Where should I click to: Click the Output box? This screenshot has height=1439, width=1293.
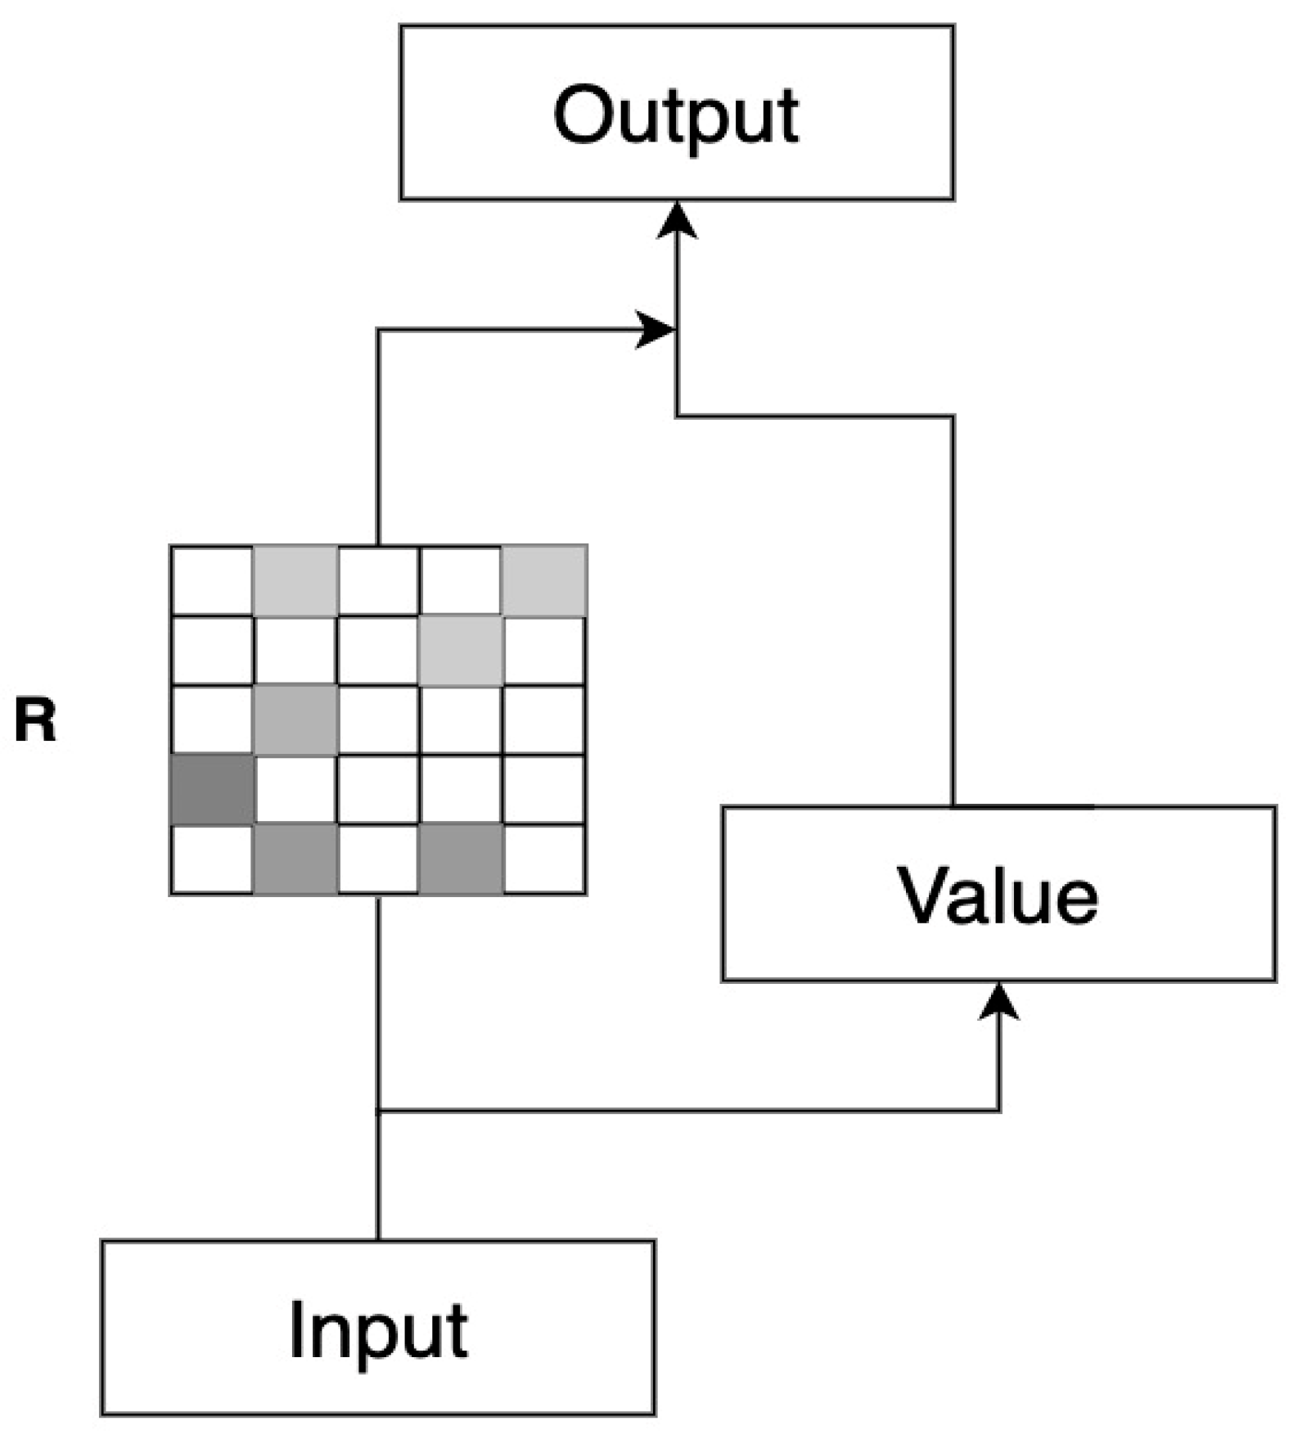[676, 112]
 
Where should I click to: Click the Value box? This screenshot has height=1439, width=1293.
[998, 894]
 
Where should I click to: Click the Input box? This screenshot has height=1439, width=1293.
[377, 1328]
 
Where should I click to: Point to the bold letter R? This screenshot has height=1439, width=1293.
[36, 720]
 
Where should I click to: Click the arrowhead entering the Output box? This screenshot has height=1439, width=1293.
[677, 221]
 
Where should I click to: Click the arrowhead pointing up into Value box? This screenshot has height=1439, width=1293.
[999, 1002]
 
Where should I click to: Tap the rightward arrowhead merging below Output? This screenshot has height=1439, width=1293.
[655, 330]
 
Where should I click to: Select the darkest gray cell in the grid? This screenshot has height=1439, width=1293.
[212, 790]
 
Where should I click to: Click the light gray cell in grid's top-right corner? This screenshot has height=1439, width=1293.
[544, 581]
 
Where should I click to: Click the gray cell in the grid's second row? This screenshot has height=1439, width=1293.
[461, 651]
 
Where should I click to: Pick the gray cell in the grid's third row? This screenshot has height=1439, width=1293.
[295, 720]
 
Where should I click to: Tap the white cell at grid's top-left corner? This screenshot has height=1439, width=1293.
[212, 581]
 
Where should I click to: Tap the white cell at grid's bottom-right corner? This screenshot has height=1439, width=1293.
[544, 859]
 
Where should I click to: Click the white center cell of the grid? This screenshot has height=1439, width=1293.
[378, 720]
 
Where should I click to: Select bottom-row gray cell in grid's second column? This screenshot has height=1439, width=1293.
[295, 859]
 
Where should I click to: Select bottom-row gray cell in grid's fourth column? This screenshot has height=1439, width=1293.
[461, 859]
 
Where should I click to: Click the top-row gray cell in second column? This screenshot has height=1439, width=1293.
[295, 581]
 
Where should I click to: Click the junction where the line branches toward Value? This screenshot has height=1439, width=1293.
[378, 1111]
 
